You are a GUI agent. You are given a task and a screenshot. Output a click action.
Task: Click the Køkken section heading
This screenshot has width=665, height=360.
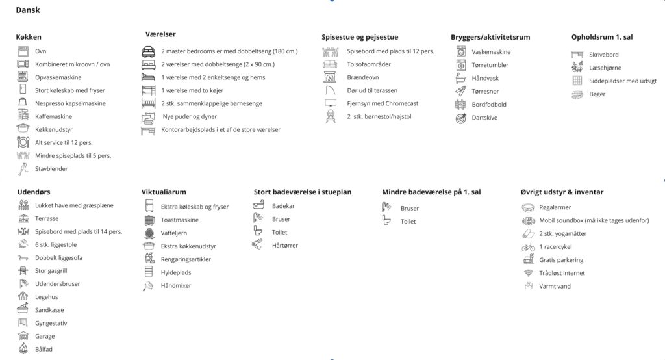29,37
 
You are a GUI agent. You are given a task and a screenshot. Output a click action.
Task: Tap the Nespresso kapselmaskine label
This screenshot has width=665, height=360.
70,103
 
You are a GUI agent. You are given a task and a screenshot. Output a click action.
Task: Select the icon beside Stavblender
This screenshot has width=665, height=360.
23,169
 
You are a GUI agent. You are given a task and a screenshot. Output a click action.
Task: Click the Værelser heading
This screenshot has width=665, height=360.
160,34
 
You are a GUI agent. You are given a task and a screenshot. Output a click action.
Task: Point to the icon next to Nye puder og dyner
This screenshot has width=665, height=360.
149,117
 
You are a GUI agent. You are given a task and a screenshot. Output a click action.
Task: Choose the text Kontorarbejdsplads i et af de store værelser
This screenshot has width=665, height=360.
221,130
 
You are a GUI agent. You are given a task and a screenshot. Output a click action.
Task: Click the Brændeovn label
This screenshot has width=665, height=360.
364,77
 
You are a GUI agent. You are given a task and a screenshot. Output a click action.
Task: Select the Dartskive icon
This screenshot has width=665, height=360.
461,118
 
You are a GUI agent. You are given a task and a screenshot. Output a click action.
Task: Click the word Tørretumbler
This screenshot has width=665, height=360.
490,65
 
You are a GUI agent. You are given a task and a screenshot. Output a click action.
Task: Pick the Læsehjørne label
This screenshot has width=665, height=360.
605,68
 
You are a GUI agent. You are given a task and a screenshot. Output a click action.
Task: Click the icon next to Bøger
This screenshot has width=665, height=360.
577,94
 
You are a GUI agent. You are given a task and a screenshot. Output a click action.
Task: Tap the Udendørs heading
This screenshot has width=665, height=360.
33,192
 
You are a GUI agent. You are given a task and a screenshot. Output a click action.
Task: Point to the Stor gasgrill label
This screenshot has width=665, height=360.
51,270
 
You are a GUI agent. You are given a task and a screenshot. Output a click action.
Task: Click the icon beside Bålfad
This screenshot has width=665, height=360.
23,350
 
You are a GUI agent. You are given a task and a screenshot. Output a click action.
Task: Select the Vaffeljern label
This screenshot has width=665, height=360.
175,233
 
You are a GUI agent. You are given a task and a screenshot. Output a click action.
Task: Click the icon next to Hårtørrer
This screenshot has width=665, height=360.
258,245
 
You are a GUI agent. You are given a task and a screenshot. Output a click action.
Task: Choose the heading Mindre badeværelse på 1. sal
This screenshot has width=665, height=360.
431,192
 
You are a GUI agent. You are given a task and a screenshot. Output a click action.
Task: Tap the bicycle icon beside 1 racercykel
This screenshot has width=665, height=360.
528,247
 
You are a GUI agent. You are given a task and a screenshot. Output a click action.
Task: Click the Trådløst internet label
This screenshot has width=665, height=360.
562,273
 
